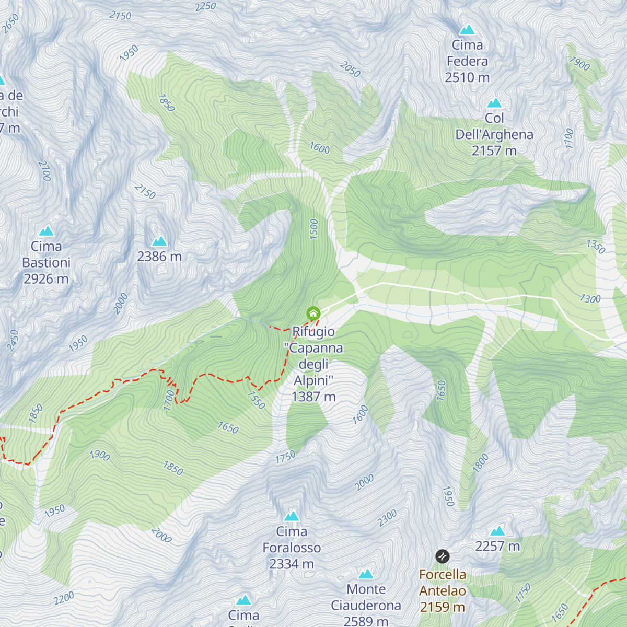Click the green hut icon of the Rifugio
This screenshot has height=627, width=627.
313,313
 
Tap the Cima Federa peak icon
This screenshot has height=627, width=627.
467,30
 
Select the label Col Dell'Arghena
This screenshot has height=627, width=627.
494,135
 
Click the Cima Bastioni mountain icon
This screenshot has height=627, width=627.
47,230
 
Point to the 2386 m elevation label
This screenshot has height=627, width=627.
159,257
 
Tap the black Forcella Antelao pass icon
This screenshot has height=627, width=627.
443,556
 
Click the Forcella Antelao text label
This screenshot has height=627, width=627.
443,590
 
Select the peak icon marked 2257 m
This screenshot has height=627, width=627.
497,531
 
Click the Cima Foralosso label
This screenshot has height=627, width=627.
292,548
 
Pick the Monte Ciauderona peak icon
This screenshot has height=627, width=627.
366,574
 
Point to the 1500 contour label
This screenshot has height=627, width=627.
313,229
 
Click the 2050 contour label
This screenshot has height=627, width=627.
350,69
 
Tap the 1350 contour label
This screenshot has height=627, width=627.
596,246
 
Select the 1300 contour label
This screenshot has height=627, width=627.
590,299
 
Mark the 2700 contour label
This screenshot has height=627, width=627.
45,171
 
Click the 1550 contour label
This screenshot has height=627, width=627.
257,400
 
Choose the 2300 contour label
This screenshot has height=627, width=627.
388,518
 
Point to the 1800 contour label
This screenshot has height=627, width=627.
481,463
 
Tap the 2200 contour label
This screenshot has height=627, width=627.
64,599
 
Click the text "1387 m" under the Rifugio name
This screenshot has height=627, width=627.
313,397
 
